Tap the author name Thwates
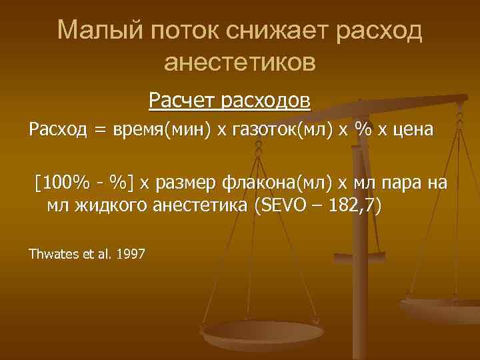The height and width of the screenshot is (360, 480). (53, 253)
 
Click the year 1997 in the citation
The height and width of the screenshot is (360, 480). (131, 253)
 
